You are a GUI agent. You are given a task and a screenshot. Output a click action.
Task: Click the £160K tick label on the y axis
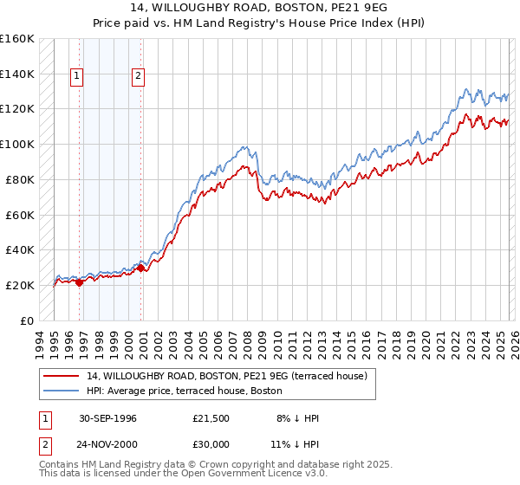click(17, 39)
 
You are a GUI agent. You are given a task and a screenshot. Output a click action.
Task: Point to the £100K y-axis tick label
click(17, 145)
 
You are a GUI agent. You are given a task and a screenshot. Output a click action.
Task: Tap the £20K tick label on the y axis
click(20, 285)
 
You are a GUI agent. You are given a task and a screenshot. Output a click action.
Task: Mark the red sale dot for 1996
click(80, 281)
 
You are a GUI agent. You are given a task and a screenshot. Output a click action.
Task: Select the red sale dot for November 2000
click(141, 268)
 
